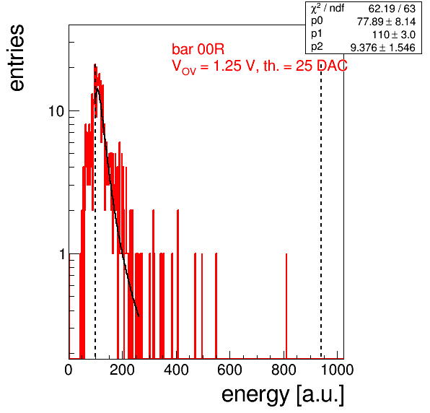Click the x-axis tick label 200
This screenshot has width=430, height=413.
pos(122,370)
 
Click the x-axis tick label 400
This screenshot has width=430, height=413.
pos(176,370)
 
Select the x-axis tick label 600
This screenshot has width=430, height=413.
pos(229,370)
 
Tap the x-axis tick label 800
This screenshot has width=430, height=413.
pos(284,370)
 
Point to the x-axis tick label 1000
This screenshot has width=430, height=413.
pos(337,370)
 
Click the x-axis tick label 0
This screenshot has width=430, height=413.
pos(69,370)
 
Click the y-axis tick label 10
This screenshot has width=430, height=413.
pos(56,111)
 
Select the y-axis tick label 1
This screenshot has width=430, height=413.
pos(62,254)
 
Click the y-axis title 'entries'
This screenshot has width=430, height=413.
pos(17,58)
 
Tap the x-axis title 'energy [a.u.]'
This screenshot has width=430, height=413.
pos(283,396)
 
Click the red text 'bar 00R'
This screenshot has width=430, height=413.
pos(198,49)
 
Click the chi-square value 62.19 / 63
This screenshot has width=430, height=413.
pos(392,9)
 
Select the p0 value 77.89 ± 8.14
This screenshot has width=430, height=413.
pos(386,22)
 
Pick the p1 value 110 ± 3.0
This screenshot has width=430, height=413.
pos(394,35)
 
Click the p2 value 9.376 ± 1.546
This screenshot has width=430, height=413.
pos(383,48)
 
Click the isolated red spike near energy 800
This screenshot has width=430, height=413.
pos(286,306)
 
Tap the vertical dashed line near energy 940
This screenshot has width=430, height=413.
pos(321,212)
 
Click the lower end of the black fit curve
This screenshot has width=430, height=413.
pos(139,316)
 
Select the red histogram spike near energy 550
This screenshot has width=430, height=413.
pos(216,306)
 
